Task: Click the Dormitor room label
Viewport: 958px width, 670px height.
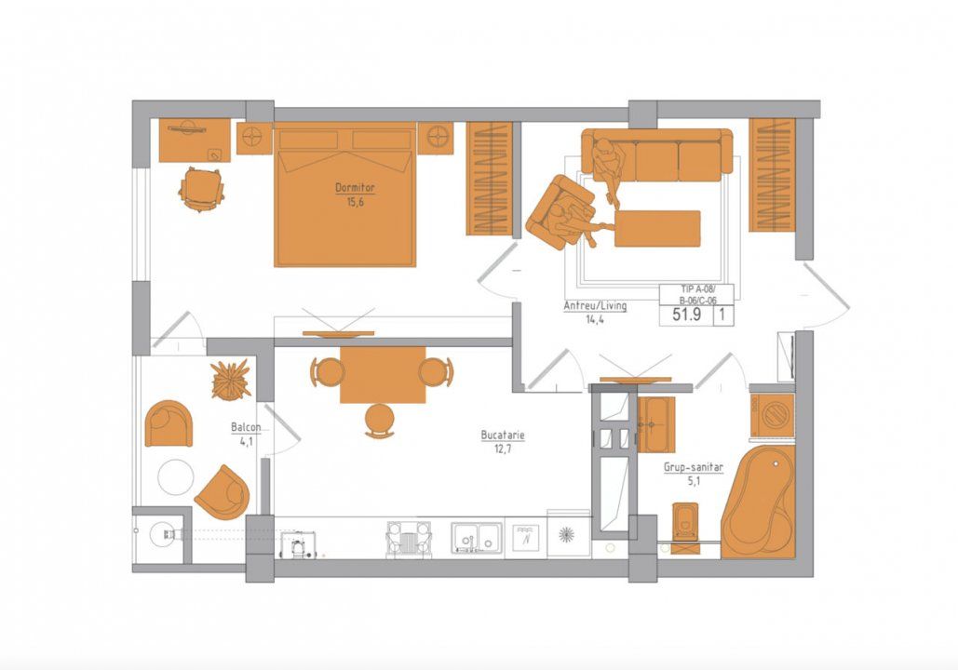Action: pos(355,188)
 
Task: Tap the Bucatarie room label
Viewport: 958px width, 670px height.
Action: pos(503,435)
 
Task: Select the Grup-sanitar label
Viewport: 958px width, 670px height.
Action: pos(694,468)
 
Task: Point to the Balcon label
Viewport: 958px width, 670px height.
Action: pos(246,427)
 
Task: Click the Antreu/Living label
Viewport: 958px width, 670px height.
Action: pos(595,306)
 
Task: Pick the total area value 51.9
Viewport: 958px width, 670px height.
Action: pos(686,315)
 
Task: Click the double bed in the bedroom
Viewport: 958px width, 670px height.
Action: pos(345,194)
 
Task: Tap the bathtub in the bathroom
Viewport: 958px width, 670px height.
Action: pos(759,502)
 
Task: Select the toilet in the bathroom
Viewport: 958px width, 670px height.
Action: pos(685,527)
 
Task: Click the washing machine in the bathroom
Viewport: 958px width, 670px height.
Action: pos(773,415)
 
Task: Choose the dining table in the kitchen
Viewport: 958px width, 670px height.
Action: pos(383,374)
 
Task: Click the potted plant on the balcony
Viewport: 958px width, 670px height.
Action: pos(231,380)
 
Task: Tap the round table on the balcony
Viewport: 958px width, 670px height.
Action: pos(176,477)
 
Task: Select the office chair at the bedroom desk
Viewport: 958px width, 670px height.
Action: pos(201,189)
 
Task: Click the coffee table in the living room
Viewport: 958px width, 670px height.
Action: pos(657,229)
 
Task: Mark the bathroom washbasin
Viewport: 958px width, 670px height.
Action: pos(656,423)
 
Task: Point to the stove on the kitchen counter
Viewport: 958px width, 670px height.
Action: pos(409,539)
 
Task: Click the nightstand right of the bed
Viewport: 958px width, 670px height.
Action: pos(437,138)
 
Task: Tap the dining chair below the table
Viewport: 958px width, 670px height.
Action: pos(380,421)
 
